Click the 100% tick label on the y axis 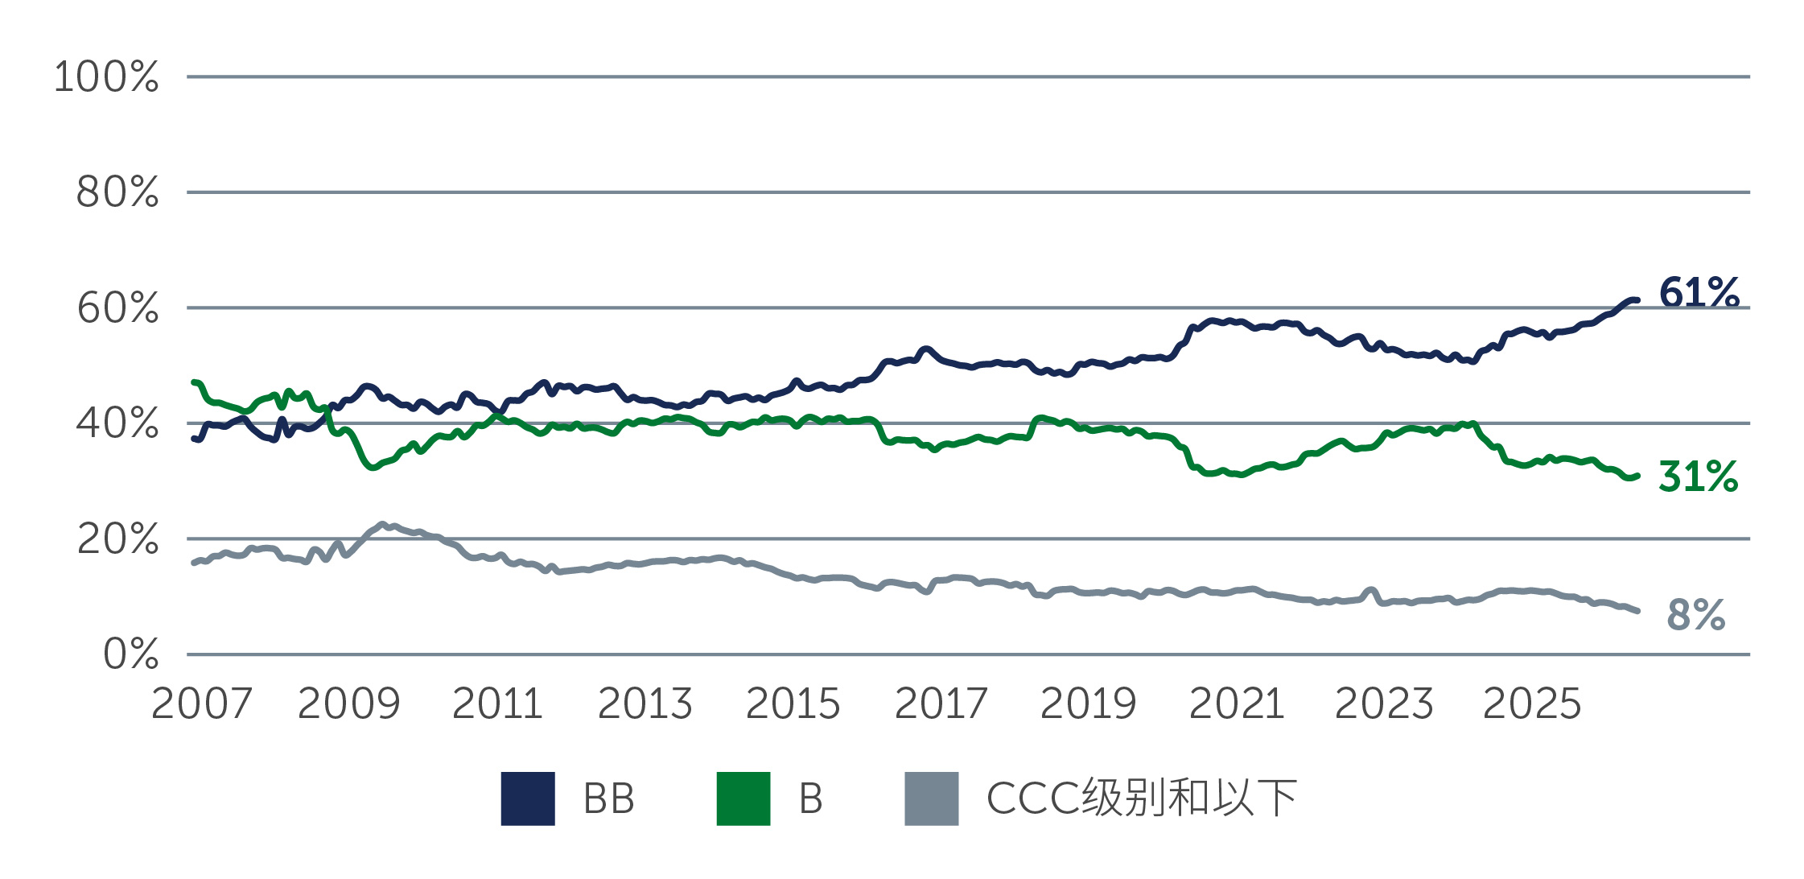(x=106, y=77)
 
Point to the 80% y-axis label (x=117, y=192)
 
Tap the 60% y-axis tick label (x=117, y=308)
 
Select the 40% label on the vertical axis (x=117, y=423)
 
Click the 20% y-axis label (x=117, y=539)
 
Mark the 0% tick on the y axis (x=130, y=654)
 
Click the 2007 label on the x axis (x=201, y=704)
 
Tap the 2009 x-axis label (x=348, y=704)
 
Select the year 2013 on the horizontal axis (x=645, y=704)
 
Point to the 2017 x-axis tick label (x=941, y=704)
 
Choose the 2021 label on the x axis (x=1237, y=704)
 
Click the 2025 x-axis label (x=1532, y=704)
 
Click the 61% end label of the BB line (x=1699, y=292)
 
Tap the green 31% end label (x=1698, y=477)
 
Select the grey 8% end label (x=1696, y=615)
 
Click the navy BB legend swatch (x=528, y=799)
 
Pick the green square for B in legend (x=743, y=799)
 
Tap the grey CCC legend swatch (x=931, y=799)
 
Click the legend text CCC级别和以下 (x=1141, y=799)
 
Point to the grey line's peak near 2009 (x=382, y=524)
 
